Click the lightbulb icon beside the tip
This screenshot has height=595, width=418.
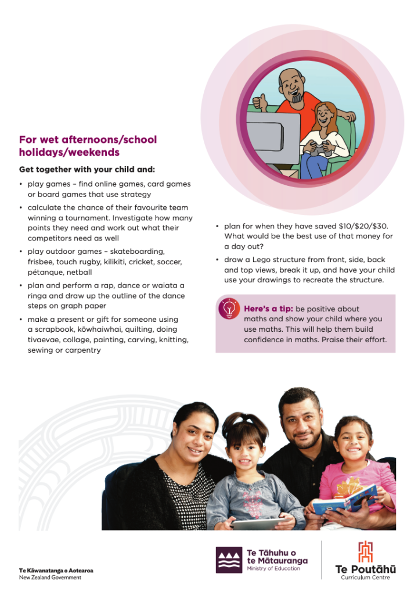[229, 309]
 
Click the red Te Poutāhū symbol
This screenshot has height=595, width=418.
[365, 551]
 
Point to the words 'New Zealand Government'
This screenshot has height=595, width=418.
[50, 578]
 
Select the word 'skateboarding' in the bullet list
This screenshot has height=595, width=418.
[139, 252]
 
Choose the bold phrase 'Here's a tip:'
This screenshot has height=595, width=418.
[268, 309]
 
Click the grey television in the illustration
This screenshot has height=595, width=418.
[272, 139]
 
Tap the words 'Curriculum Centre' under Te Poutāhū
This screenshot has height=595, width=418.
[366, 578]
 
